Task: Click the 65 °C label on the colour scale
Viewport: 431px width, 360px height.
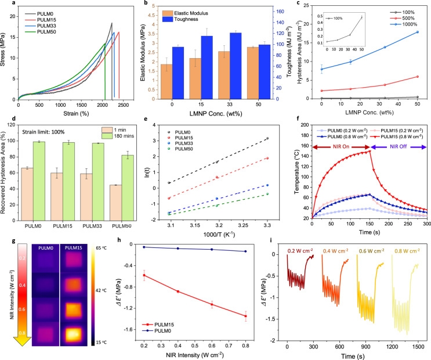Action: [x=102, y=248]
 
